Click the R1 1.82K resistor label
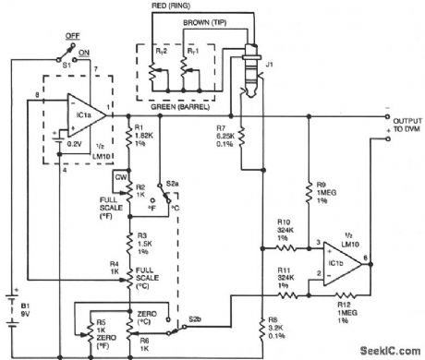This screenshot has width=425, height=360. coord(149,136)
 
